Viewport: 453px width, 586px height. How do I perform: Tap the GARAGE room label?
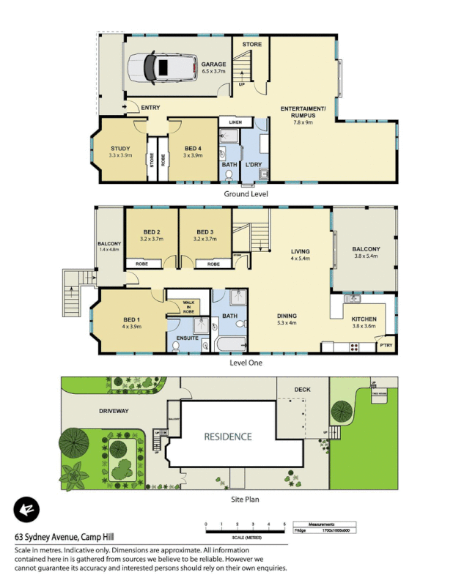[214, 64]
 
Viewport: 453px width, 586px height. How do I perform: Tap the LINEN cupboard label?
[235, 122]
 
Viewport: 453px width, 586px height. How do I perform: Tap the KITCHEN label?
[364, 319]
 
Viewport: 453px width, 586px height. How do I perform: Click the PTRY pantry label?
[386, 345]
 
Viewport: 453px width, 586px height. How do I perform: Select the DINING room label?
[287, 316]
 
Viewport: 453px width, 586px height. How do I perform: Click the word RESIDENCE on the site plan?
[228, 437]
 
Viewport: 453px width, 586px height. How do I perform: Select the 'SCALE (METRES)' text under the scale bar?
[244, 538]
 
